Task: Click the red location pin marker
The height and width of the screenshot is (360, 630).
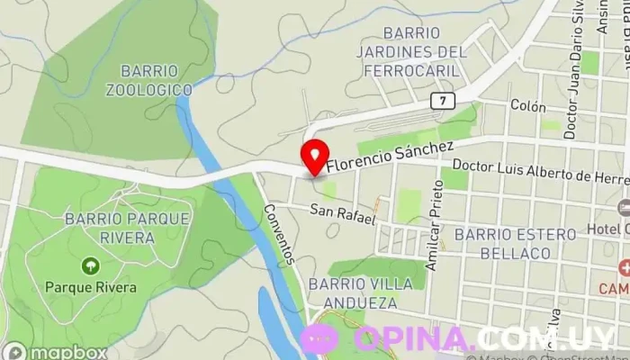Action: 314,157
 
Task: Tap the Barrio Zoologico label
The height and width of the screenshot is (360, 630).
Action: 148,80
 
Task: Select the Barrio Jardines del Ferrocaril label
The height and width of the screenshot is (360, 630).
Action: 411,51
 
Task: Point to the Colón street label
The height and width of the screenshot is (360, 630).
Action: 527,106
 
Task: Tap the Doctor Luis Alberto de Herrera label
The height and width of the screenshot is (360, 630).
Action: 538,172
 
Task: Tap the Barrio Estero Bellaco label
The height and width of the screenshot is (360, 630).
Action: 515,244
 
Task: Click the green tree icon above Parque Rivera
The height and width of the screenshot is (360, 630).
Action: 90,265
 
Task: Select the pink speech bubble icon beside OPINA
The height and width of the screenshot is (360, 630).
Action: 319,338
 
